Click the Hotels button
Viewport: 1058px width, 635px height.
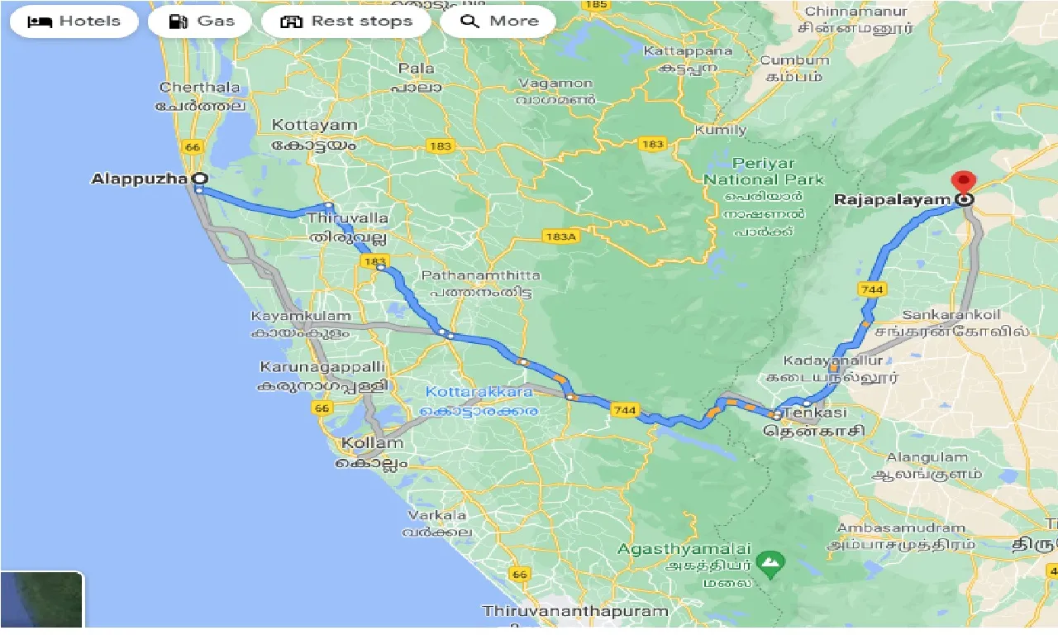[74, 21]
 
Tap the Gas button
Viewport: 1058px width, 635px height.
[202, 21]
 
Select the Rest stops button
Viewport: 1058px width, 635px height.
[346, 21]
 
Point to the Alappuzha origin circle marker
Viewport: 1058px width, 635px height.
[198, 178]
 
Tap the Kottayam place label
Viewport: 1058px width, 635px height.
[314, 126]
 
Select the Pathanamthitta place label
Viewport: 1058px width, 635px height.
[481, 275]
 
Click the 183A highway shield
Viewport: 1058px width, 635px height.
[560, 236]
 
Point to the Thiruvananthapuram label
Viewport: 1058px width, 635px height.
[575, 612]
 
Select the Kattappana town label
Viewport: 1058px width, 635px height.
[688, 51]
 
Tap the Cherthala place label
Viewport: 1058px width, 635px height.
[200, 88]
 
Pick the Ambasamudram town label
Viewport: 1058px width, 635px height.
[901, 528]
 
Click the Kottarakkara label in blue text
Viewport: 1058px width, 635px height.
[479, 392]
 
